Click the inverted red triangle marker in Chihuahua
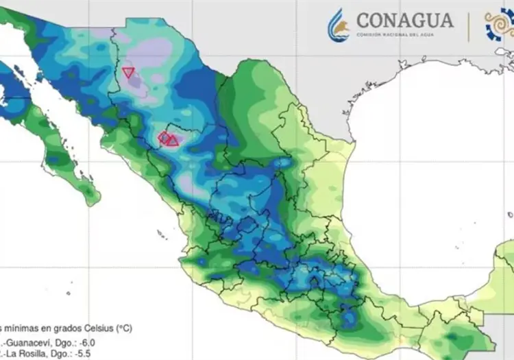point(128,72)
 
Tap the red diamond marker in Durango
point(164,138)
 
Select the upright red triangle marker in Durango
point(173,141)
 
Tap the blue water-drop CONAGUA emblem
point(339,25)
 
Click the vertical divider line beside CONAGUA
point(468,25)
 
